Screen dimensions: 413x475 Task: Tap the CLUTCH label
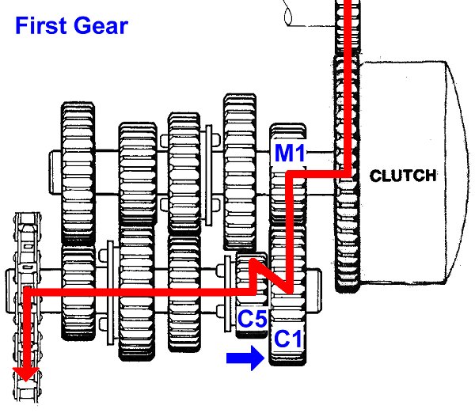coord(403,176)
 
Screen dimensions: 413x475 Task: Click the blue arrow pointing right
coord(244,359)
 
